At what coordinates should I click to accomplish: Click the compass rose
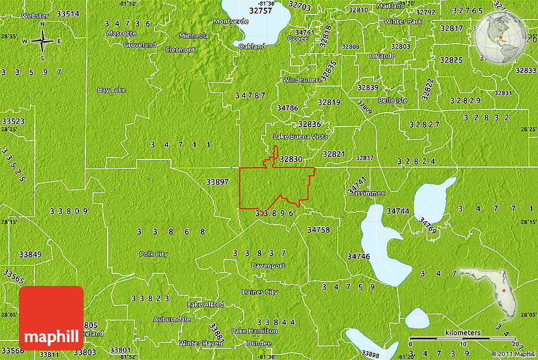point(42,41)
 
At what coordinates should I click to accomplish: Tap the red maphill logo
point(51,318)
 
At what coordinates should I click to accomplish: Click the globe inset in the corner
point(499,37)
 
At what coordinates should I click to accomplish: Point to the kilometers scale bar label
point(462,333)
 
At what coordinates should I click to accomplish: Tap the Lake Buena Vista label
point(300,136)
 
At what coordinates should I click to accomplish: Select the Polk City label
point(154,254)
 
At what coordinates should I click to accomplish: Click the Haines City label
point(260,292)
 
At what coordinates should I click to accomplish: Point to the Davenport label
point(268,266)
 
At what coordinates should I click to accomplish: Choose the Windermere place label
point(302,80)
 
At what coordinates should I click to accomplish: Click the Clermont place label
point(180,49)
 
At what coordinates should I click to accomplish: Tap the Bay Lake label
point(111,90)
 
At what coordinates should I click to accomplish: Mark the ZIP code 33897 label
point(217,182)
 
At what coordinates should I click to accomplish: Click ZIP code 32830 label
point(291,159)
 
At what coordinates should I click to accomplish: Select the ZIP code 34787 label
point(249,96)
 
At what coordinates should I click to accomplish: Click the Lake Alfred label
point(206,304)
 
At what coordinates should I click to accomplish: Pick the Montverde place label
point(231,21)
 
